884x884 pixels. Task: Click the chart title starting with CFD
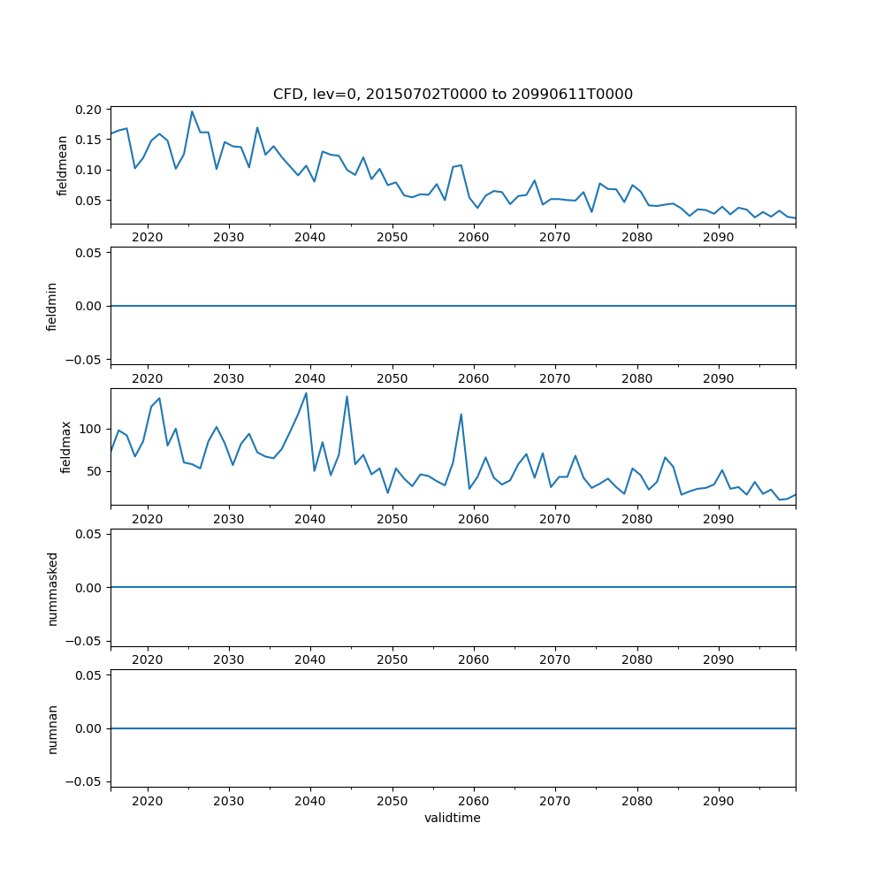coord(453,95)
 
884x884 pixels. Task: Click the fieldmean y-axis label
coord(62,165)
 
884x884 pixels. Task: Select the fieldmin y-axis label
coord(52,307)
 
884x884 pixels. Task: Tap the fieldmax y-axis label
coord(65,447)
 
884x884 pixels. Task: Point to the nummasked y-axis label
coord(52,588)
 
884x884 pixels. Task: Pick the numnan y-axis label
coord(52,728)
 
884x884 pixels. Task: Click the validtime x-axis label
coord(453,819)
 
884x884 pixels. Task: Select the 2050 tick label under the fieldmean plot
coord(392,238)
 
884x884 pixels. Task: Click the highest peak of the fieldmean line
coord(192,111)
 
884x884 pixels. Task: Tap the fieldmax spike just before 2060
coord(461,414)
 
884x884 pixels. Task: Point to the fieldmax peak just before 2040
coord(306,392)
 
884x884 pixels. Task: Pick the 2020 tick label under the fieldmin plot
coord(148,378)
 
